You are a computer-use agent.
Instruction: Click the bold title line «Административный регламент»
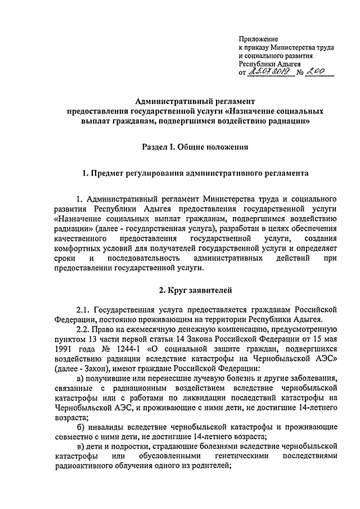(195, 101)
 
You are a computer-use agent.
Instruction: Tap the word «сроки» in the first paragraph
(65, 258)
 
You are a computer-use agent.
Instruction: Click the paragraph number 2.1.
(83, 309)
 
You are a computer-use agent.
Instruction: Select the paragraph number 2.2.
(83, 329)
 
